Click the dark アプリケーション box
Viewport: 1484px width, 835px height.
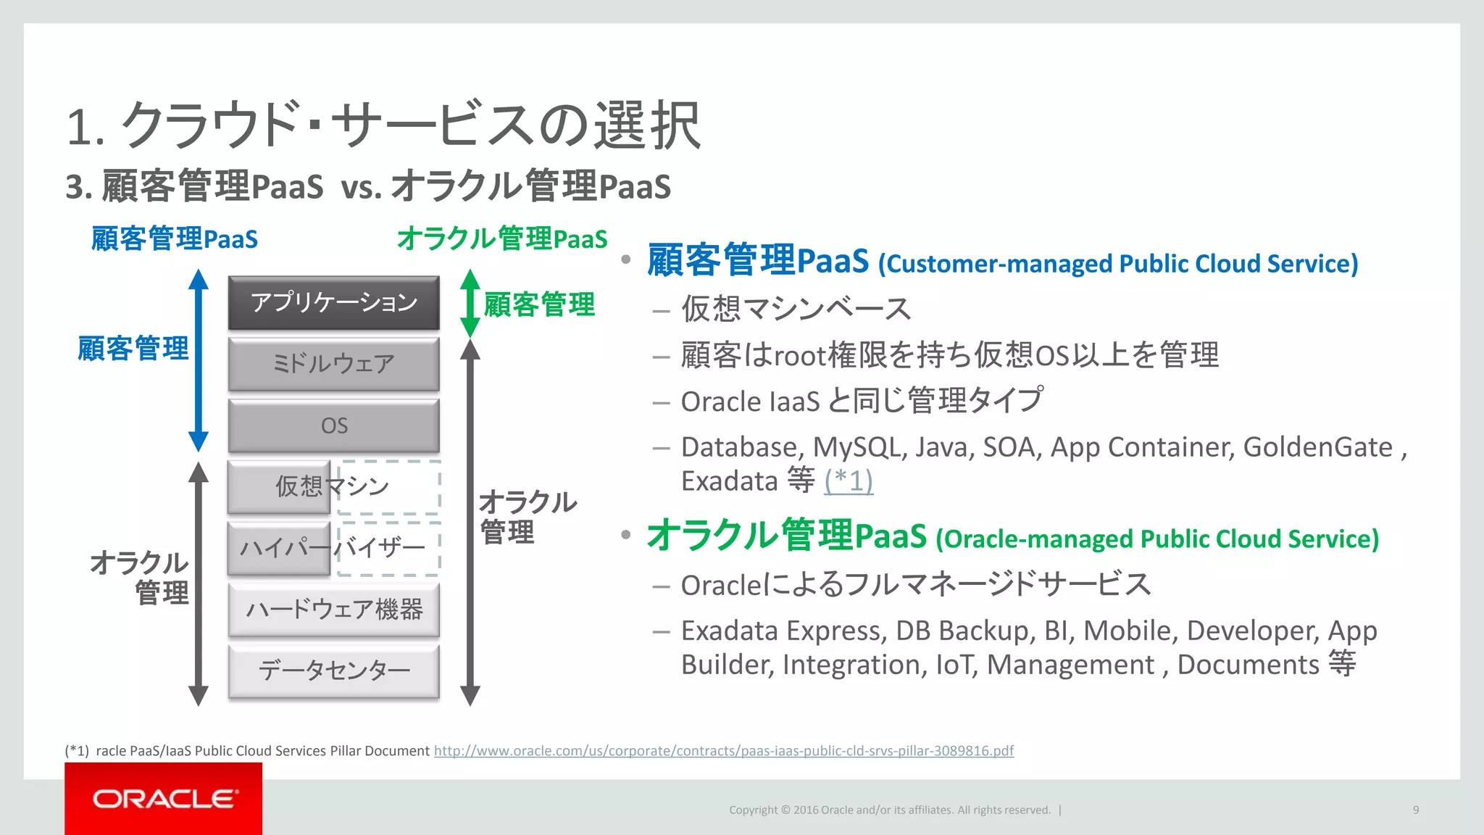tap(333, 302)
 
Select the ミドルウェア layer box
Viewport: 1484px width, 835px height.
tap(333, 364)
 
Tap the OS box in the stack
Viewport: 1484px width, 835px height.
tap(333, 425)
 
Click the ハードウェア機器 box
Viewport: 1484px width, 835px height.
tap(333, 610)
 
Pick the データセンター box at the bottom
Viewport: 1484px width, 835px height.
tap(333, 670)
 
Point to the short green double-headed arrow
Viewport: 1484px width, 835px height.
tap(470, 303)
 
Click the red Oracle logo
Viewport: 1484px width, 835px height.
tap(163, 799)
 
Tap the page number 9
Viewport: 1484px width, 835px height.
tap(1415, 810)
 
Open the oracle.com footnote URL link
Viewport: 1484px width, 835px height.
tap(723, 751)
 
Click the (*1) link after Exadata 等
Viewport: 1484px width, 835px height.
tap(848, 481)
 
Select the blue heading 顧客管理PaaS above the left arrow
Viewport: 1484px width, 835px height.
tap(174, 238)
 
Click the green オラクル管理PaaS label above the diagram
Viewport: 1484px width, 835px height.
tap(501, 238)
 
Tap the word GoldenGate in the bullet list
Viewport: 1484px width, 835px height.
tap(1317, 447)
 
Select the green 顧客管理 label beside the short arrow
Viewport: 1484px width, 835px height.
tap(539, 304)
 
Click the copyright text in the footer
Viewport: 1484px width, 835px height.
tap(889, 810)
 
